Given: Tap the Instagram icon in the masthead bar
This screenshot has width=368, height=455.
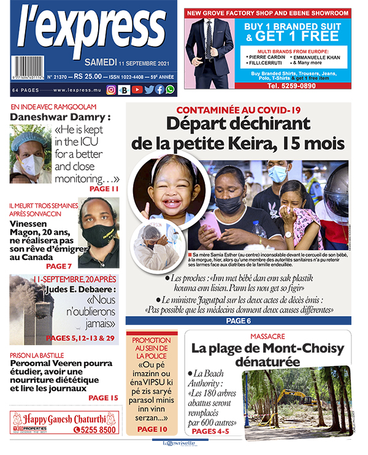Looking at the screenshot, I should pyautogui.click(x=111, y=90).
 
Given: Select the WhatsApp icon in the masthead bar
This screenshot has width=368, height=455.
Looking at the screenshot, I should pyautogui.click(x=169, y=90).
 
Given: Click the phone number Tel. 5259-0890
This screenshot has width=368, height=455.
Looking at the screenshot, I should pyautogui.click(x=268, y=86).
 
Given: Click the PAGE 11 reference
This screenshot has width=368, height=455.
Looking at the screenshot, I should pyautogui.click(x=104, y=189).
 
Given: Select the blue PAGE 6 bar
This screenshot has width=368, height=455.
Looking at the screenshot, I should pyautogui.click(x=238, y=321).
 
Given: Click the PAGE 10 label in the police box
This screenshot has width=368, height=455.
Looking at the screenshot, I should pyautogui.click(x=152, y=429).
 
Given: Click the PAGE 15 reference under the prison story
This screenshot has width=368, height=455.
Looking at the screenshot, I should pyautogui.click(x=102, y=398).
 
